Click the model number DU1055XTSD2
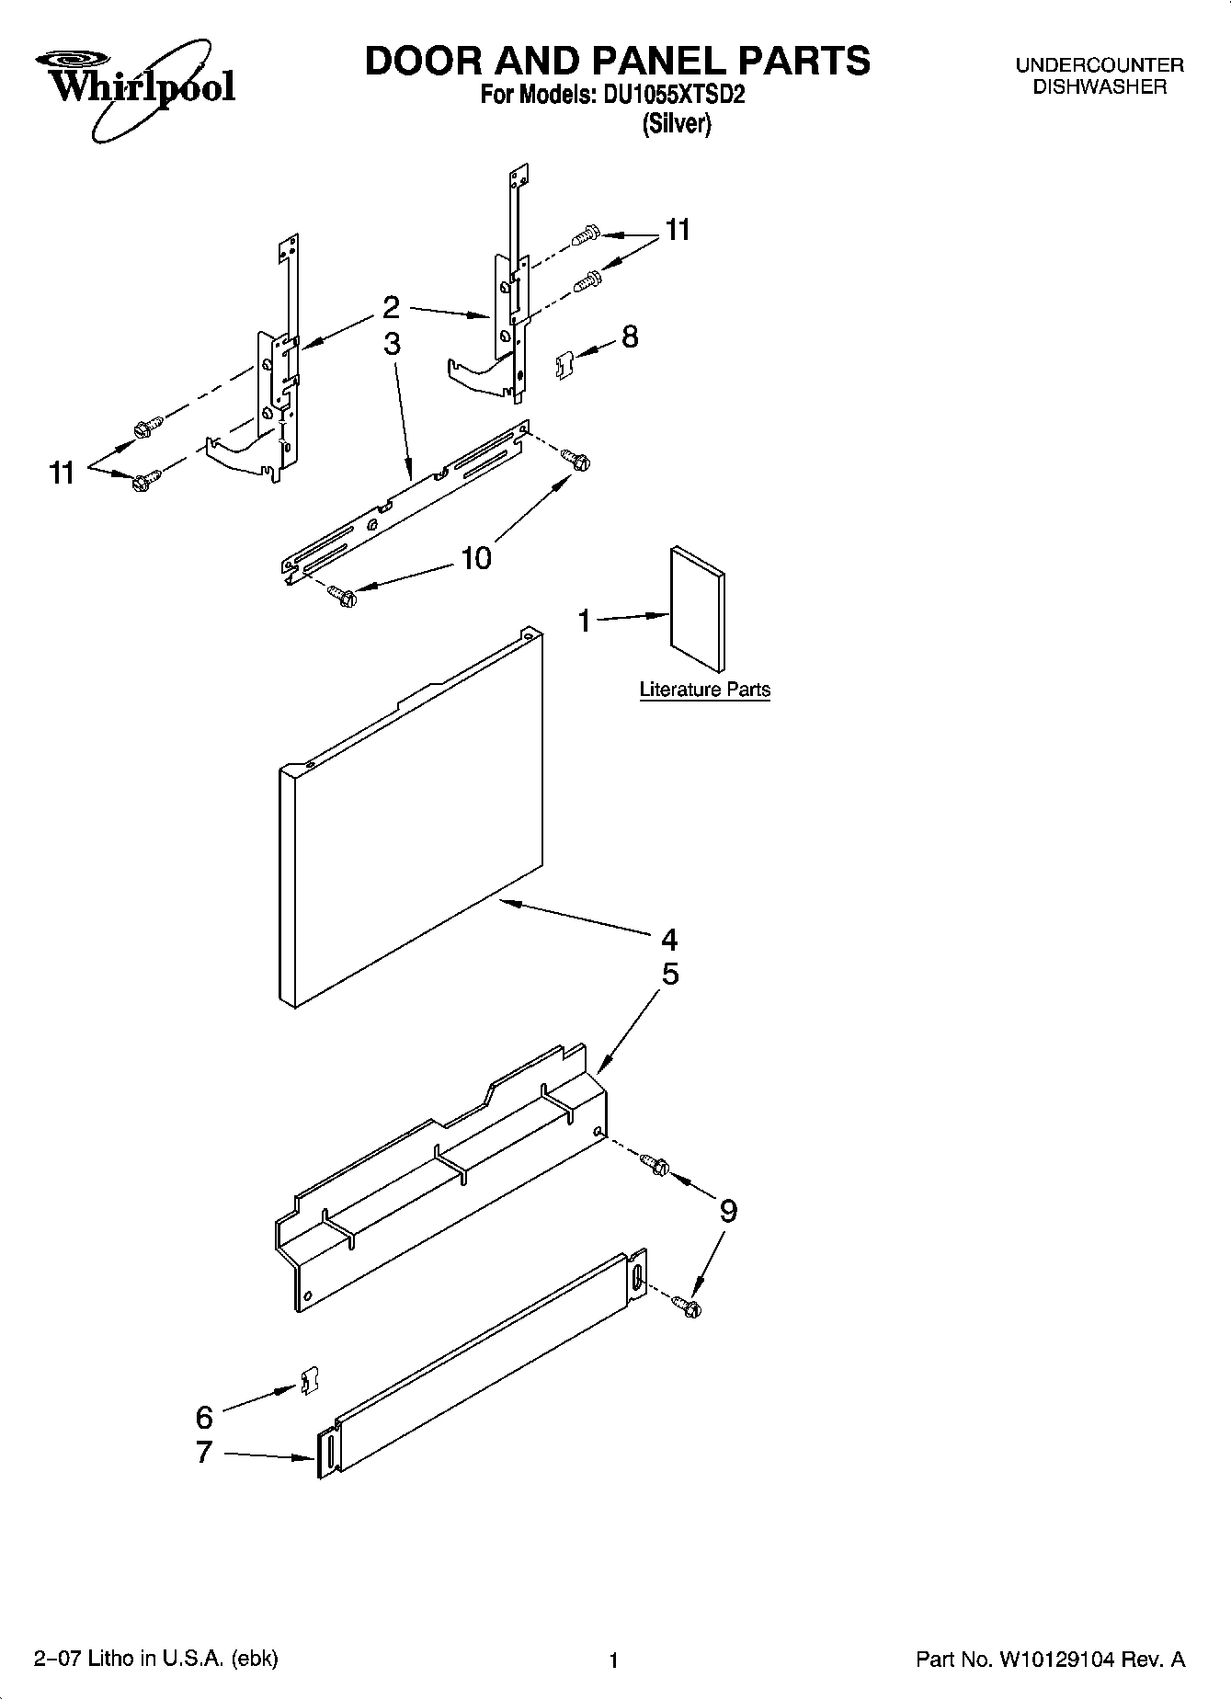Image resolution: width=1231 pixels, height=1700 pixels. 673,96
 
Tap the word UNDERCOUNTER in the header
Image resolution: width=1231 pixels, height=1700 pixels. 1099,65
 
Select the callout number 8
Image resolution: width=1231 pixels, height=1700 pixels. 630,337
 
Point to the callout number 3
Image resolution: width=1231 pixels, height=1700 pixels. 393,343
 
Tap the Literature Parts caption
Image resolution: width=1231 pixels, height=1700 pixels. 704,690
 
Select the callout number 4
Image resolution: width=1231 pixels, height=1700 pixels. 669,939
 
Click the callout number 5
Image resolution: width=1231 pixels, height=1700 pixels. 670,974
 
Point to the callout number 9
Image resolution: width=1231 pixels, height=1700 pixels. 727,1211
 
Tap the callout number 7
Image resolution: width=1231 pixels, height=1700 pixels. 204,1452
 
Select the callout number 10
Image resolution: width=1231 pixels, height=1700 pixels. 476,557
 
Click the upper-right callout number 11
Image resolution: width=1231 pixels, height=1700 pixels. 678,230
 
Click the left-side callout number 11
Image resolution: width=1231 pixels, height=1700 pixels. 62,473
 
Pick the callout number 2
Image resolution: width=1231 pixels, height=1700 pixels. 392,306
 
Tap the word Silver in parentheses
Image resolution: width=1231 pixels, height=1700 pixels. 676,123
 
